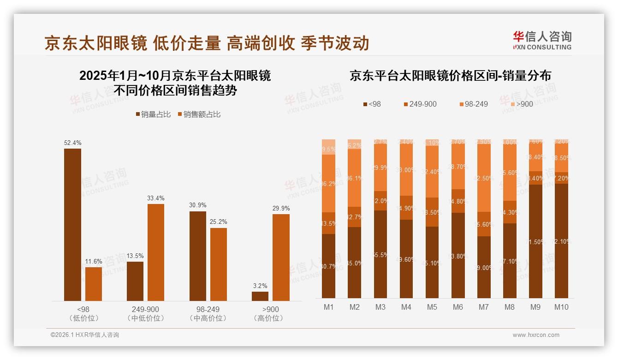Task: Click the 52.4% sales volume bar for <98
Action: (x=72, y=225)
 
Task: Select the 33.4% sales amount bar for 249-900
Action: (x=156, y=252)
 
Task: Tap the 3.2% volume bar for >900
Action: (x=260, y=296)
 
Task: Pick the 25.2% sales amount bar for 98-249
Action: (x=219, y=264)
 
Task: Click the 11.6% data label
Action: (x=94, y=262)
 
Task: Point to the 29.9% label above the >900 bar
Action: (x=281, y=209)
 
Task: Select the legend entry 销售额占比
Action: (x=199, y=114)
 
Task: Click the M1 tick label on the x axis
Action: (x=328, y=307)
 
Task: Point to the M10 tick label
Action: (x=561, y=307)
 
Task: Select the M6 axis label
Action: (x=458, y=307)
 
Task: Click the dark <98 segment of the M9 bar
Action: (x=535, y=241)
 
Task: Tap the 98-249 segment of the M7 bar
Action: (x=484, y=178)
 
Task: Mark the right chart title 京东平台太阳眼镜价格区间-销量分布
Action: (x=450, y=76)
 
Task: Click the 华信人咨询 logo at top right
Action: (x=542, y=40)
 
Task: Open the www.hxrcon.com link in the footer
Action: (x=536, y=335)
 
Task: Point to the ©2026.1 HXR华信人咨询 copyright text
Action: (x=84, y=335)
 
